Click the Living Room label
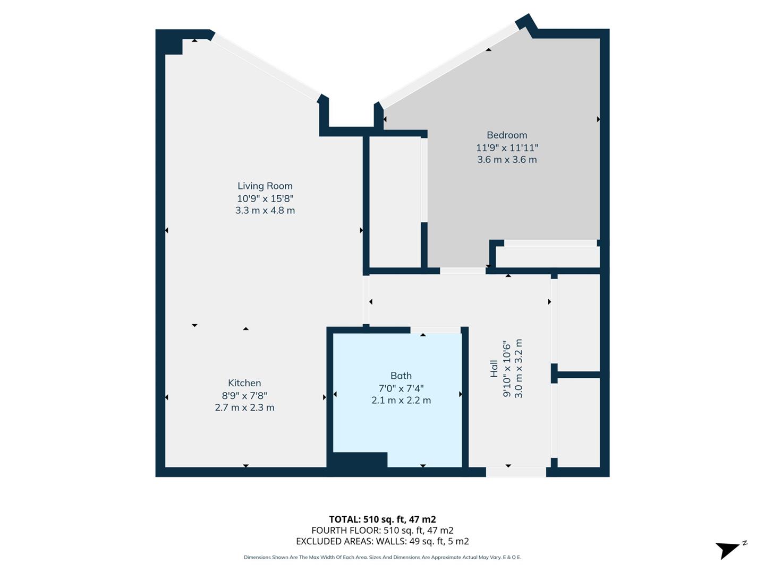pyautogui.click(x=265, y=186)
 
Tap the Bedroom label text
pyautogui.click(x=507, y=135)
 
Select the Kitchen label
pyautogui.click(x=244, y=383)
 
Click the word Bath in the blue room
pyautogui.click(x=401, y=375)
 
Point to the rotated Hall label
pyautogui.click(x=494, y=369)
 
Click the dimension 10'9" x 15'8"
pyautogui.click(x=265, y=198)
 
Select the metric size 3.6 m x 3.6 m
pyautogui.click(x=507, y=160)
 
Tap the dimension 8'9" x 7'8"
pyautogui.click(x=244, y=395)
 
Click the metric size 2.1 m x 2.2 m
pyautogui.click(x=401, y=400)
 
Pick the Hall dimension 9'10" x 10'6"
pyautogui.click(x=507, y=369)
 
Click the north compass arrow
pyautogui.click(x=729, y=550)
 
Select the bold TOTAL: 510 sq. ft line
pyautogui.click(x=382, y=519)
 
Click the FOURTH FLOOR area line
pyautogui.click(x=382, y=530)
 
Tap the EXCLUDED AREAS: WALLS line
pyautogui.click(x=382, y=541)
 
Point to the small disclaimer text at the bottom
pyautogui.click(x=382, y=557)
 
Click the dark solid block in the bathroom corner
pyautogui.click(x=360, y=460)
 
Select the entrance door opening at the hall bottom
pyautogui.click(x=516, y=472)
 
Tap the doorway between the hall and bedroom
pyautogui.click(x=463, y=271)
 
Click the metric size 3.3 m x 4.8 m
pyautogui.click(x=265, y=211)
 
